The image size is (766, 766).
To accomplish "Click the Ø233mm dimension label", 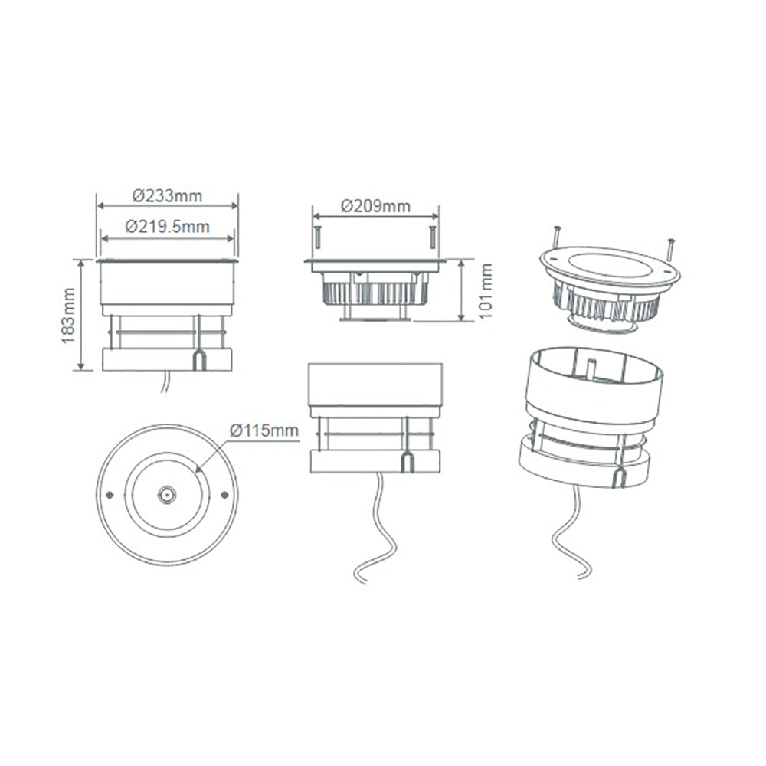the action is tap(167, 196).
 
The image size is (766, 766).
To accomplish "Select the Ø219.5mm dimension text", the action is tap(167, 227).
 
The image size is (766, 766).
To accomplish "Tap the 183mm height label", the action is tap(68, 316).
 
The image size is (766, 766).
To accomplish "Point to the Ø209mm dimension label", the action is tap(375, 206).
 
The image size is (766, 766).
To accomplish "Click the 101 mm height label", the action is tap(485, 291).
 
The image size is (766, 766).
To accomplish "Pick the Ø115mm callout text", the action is tap(264, 430).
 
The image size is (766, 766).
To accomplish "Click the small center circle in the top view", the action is tap(167, 495).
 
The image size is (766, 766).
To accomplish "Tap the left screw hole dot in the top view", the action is tap(110, 495).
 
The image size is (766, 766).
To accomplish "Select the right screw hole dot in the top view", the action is tap(224, 495).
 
